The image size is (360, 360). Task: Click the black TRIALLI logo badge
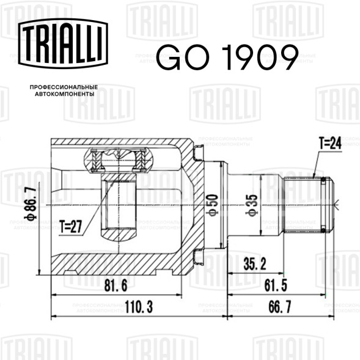[63, 43]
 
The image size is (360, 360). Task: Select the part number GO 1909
[227, 57]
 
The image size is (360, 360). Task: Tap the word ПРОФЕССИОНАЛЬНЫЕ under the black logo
[64, 87]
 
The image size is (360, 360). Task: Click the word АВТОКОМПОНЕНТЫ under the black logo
[65, 94]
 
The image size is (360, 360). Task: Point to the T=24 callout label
[331, 143]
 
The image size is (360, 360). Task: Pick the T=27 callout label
[71, 226]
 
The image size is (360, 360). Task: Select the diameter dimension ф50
[212, 205]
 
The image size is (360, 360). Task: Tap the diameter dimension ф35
[251, 205]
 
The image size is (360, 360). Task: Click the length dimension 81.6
[116, 286]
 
